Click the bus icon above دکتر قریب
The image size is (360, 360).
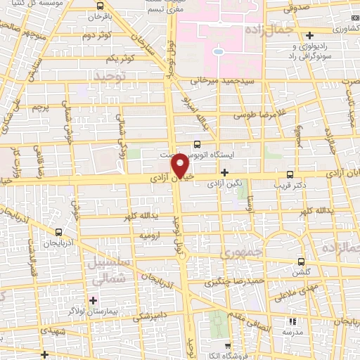coord(290,174)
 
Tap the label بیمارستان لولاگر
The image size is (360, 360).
coord(94,310)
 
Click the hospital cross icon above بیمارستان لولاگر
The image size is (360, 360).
coord(94,300)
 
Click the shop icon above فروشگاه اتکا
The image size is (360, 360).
coord(228,347)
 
